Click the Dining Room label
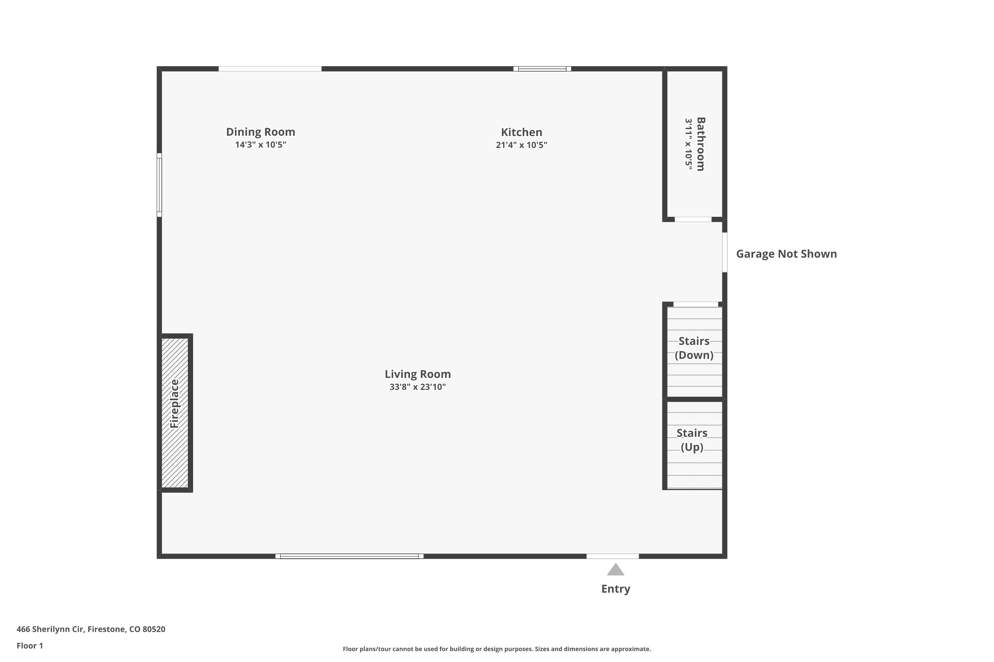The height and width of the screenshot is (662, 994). (x=260, y=132)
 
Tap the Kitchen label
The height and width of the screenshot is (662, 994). (x=522, y=132)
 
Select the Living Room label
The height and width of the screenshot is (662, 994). (x=417, y=374)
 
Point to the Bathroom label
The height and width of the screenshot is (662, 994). (x=701, y=144)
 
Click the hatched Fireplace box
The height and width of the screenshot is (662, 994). (x=175, y=413)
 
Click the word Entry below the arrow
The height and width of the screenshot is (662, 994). (x=616, y=589)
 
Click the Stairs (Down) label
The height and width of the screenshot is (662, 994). (x=694, y=348)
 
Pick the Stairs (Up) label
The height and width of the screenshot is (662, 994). (x=692, y=440)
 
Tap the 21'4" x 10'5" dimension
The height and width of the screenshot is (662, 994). (x=522, y=145)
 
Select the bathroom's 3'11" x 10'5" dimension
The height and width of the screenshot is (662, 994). (x=689, y=144)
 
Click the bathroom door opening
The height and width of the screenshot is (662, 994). (x=693, y=219)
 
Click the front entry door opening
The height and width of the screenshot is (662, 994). (x=613, y=556)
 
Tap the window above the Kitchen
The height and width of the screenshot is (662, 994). (x=542, y=69)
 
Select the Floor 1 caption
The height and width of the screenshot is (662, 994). (x=29, y=645)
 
